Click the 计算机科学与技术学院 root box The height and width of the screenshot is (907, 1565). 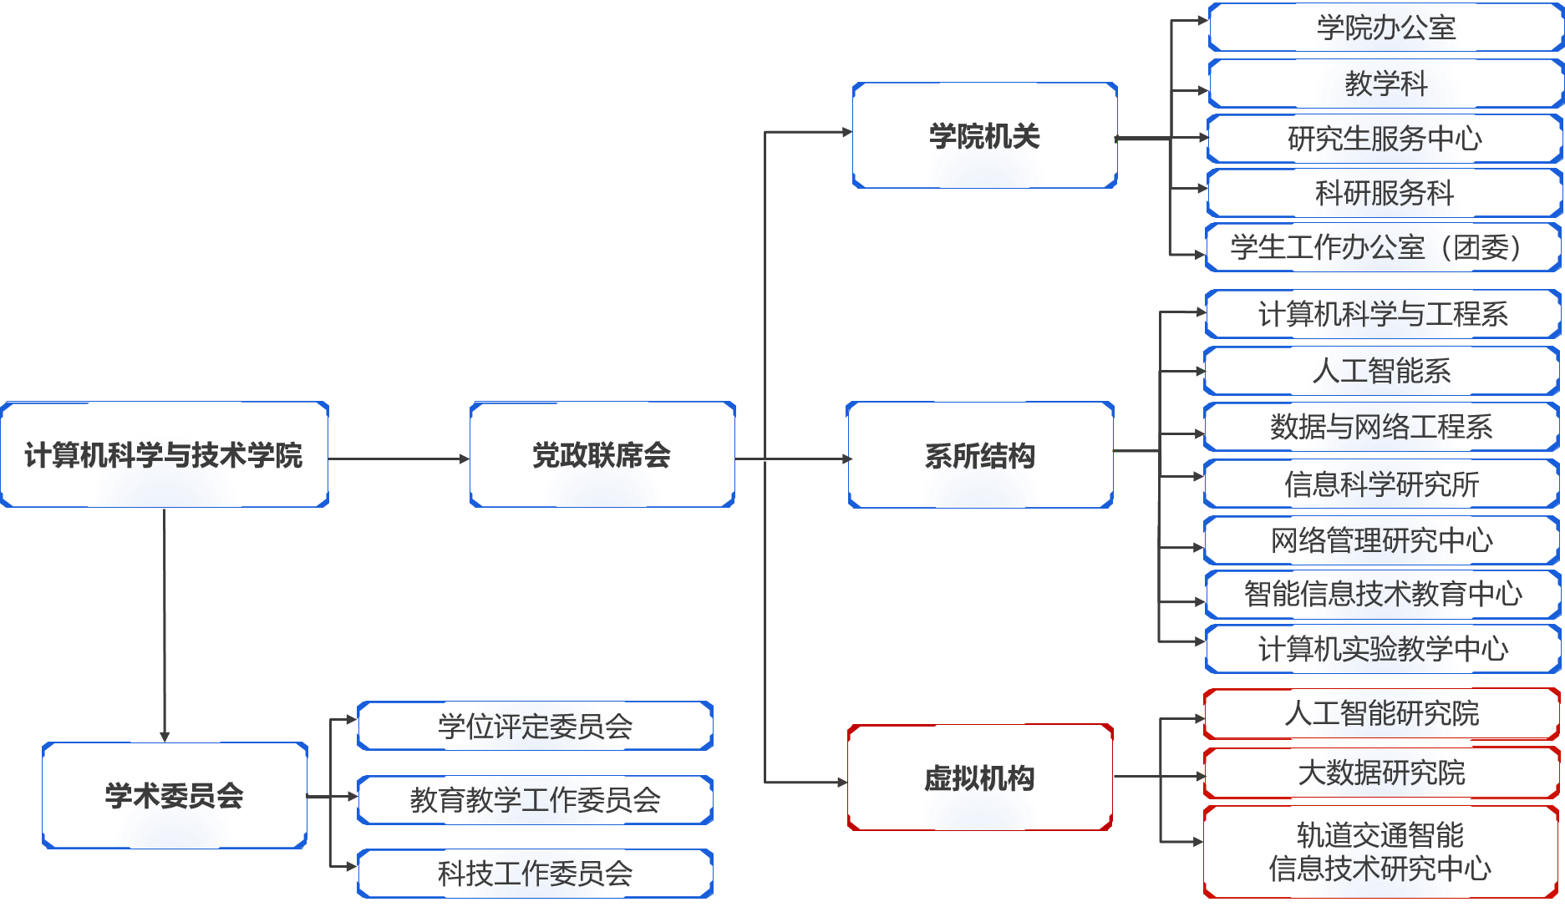tap(165, 455)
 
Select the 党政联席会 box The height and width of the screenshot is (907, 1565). tap(602, 455)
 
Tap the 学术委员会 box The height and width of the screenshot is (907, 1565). tap(175, 795)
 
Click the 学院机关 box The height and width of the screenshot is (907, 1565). tap(984, 135)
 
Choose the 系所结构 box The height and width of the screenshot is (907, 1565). tap(980, 455)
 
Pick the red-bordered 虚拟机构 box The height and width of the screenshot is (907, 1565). tap(979, 778)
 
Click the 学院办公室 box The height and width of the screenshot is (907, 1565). tap(1385, 28)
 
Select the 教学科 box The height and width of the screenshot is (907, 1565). tap(1385, 83)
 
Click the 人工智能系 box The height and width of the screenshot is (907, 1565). tap(1380, 371)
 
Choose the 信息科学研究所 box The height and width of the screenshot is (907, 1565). tap(1380, 484)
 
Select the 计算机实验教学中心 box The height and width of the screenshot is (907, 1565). tap(1382, 649)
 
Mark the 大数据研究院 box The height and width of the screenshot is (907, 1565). tap(1380, 773)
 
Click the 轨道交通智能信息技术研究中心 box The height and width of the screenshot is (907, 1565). tap(1380, 852)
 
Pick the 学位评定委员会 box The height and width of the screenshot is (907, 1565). tap(535, 726)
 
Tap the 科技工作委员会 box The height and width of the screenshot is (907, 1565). tap(535, 874)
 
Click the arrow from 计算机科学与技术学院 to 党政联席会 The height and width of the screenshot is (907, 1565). tap(399, 459)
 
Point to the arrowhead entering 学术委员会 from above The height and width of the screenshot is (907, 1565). tap(165, 736)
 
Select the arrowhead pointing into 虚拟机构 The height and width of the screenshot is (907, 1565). tap(841, 783)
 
